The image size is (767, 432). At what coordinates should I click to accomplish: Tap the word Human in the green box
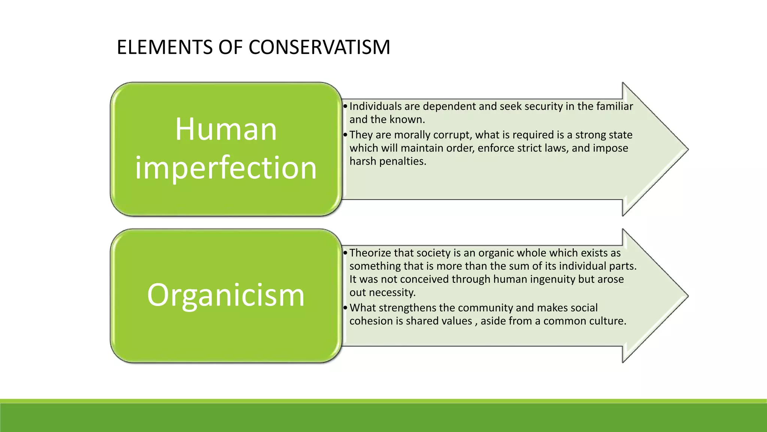(x=226, y=129)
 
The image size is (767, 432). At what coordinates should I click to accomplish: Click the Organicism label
(x=226, y=295)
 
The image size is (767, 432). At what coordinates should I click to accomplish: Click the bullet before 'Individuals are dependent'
(x=345, y=106)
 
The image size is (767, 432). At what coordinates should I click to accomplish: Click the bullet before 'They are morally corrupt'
(x=345, y=135)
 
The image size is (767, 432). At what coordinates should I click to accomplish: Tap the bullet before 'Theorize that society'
(x=345, y=253)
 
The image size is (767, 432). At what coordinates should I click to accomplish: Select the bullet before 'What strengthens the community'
(x=345, y=308)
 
